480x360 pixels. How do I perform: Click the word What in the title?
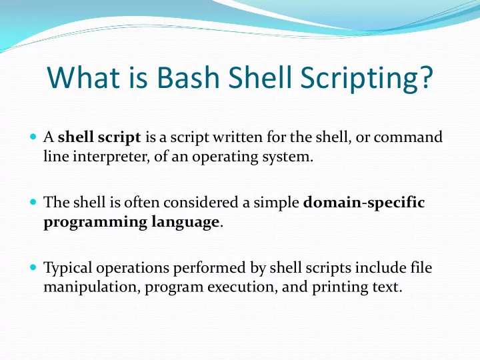point(83,77)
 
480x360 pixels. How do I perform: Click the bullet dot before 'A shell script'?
point(33,136)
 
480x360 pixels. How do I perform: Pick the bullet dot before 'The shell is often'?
point(33,202)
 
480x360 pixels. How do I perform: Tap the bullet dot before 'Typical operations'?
point(33,267)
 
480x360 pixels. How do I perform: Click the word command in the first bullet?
point(408,137)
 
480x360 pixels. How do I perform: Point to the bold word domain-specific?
point(364,203)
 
